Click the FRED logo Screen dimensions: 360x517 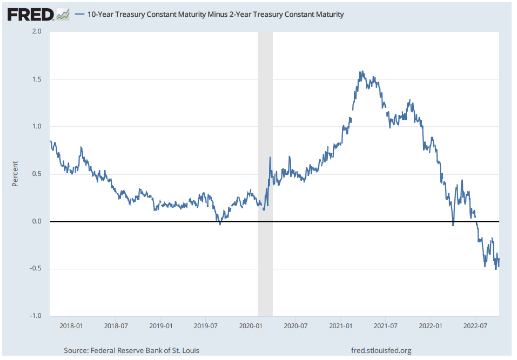[x=30, y=14]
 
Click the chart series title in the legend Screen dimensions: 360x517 [x=215, y=15]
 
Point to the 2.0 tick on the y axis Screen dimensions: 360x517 [x=37, y=32]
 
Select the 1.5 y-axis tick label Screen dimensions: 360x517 [x=37, y=79]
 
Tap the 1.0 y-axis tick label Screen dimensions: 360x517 [x=37, y=127]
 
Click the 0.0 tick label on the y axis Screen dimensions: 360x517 [x=37, y=222]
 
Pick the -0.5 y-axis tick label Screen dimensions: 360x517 [x=36, y=269]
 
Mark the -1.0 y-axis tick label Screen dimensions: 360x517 [x=36, y=316]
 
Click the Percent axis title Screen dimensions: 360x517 [x=15, y=174]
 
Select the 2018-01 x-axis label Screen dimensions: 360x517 [x=71, y=326]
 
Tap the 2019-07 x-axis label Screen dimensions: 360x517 [x=206, y=326]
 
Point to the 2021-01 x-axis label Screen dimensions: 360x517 [x=341, y=326]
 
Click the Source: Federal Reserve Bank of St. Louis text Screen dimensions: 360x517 [x=131, y=351]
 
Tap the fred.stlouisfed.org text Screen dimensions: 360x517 [x=381, y=351]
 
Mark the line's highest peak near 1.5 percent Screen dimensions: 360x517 [x=361, y=71]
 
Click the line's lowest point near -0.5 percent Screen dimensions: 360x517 [x=496, y=269]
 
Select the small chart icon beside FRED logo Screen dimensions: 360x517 [x=63, y=14]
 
